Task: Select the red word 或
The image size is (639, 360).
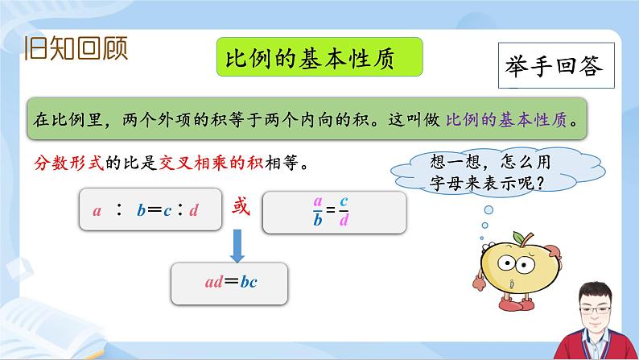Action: (x=241, y=206)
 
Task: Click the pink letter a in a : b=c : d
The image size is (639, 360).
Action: (x=97, y=212)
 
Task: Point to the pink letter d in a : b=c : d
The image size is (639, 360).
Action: (x=194, y=212)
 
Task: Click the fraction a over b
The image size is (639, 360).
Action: (x=318, y=211)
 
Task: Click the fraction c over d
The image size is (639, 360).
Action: (x=343, y=211)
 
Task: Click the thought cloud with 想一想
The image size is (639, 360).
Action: (x=482, y=172)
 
